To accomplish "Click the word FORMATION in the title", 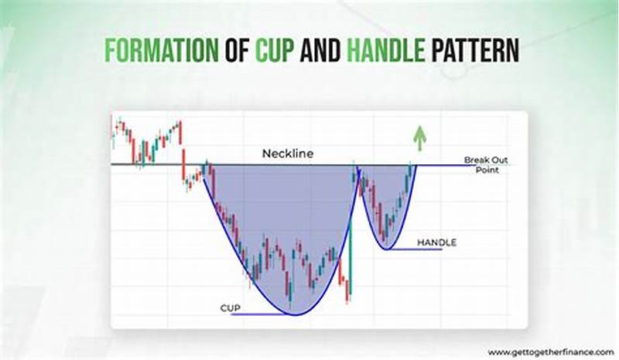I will [160, 51].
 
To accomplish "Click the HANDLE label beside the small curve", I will [436, 242].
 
